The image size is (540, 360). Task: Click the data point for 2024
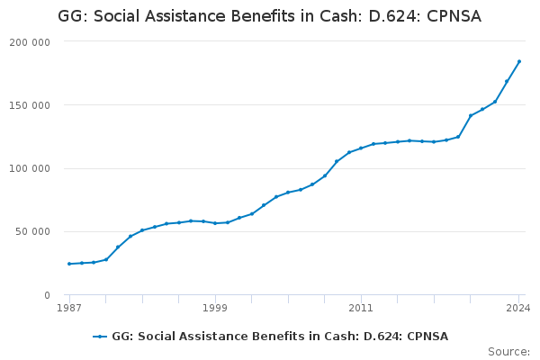[x=519, y=61]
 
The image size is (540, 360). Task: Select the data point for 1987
[x=69, y=264]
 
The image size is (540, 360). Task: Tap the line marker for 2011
[x=361, y=148]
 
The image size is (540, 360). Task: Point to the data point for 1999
[x=215, y=223]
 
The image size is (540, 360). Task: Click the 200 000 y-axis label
[x=31, y=42]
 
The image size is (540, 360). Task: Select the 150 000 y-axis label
[x=31, y=105]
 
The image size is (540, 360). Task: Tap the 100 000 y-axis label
[x=31, y=168]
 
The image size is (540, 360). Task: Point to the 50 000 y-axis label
[x=34, y=231]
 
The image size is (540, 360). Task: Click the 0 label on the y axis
[x=47, y=295]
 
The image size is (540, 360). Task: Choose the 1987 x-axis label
[x=69, y=308]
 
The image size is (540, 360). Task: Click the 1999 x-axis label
[x=215, y=308]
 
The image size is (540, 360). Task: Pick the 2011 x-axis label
[x=361, y=308]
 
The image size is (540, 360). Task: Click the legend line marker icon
[x=99, y=337]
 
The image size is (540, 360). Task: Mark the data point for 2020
[x=471, y=116]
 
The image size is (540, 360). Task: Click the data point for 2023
[x=507, y=82]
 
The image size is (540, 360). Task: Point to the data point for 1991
[x=118, y=247]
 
